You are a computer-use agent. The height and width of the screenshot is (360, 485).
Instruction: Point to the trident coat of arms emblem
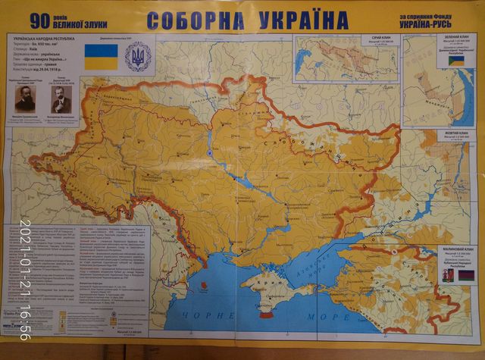click(138, 57)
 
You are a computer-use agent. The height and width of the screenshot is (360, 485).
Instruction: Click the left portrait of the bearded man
click(25, 95)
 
